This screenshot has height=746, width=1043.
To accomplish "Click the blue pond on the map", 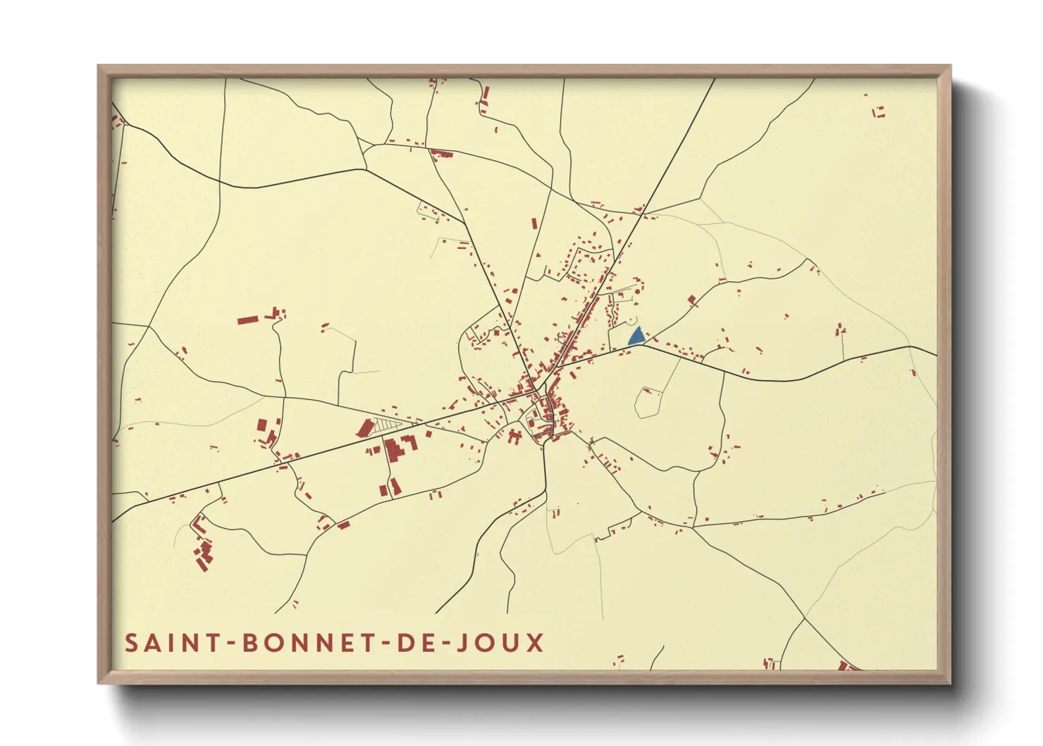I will click(x=636, y=337).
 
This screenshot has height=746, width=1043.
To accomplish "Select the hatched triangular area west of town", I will click(x=385, y=425).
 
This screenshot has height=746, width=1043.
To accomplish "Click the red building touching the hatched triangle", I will click(x=365, y=428).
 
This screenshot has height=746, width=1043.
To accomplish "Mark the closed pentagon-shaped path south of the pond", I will click(x=648, y=403).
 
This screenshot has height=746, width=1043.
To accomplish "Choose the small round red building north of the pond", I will click(x=637, y=290).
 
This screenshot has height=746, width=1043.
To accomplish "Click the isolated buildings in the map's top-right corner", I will click(x=878, y=112).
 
